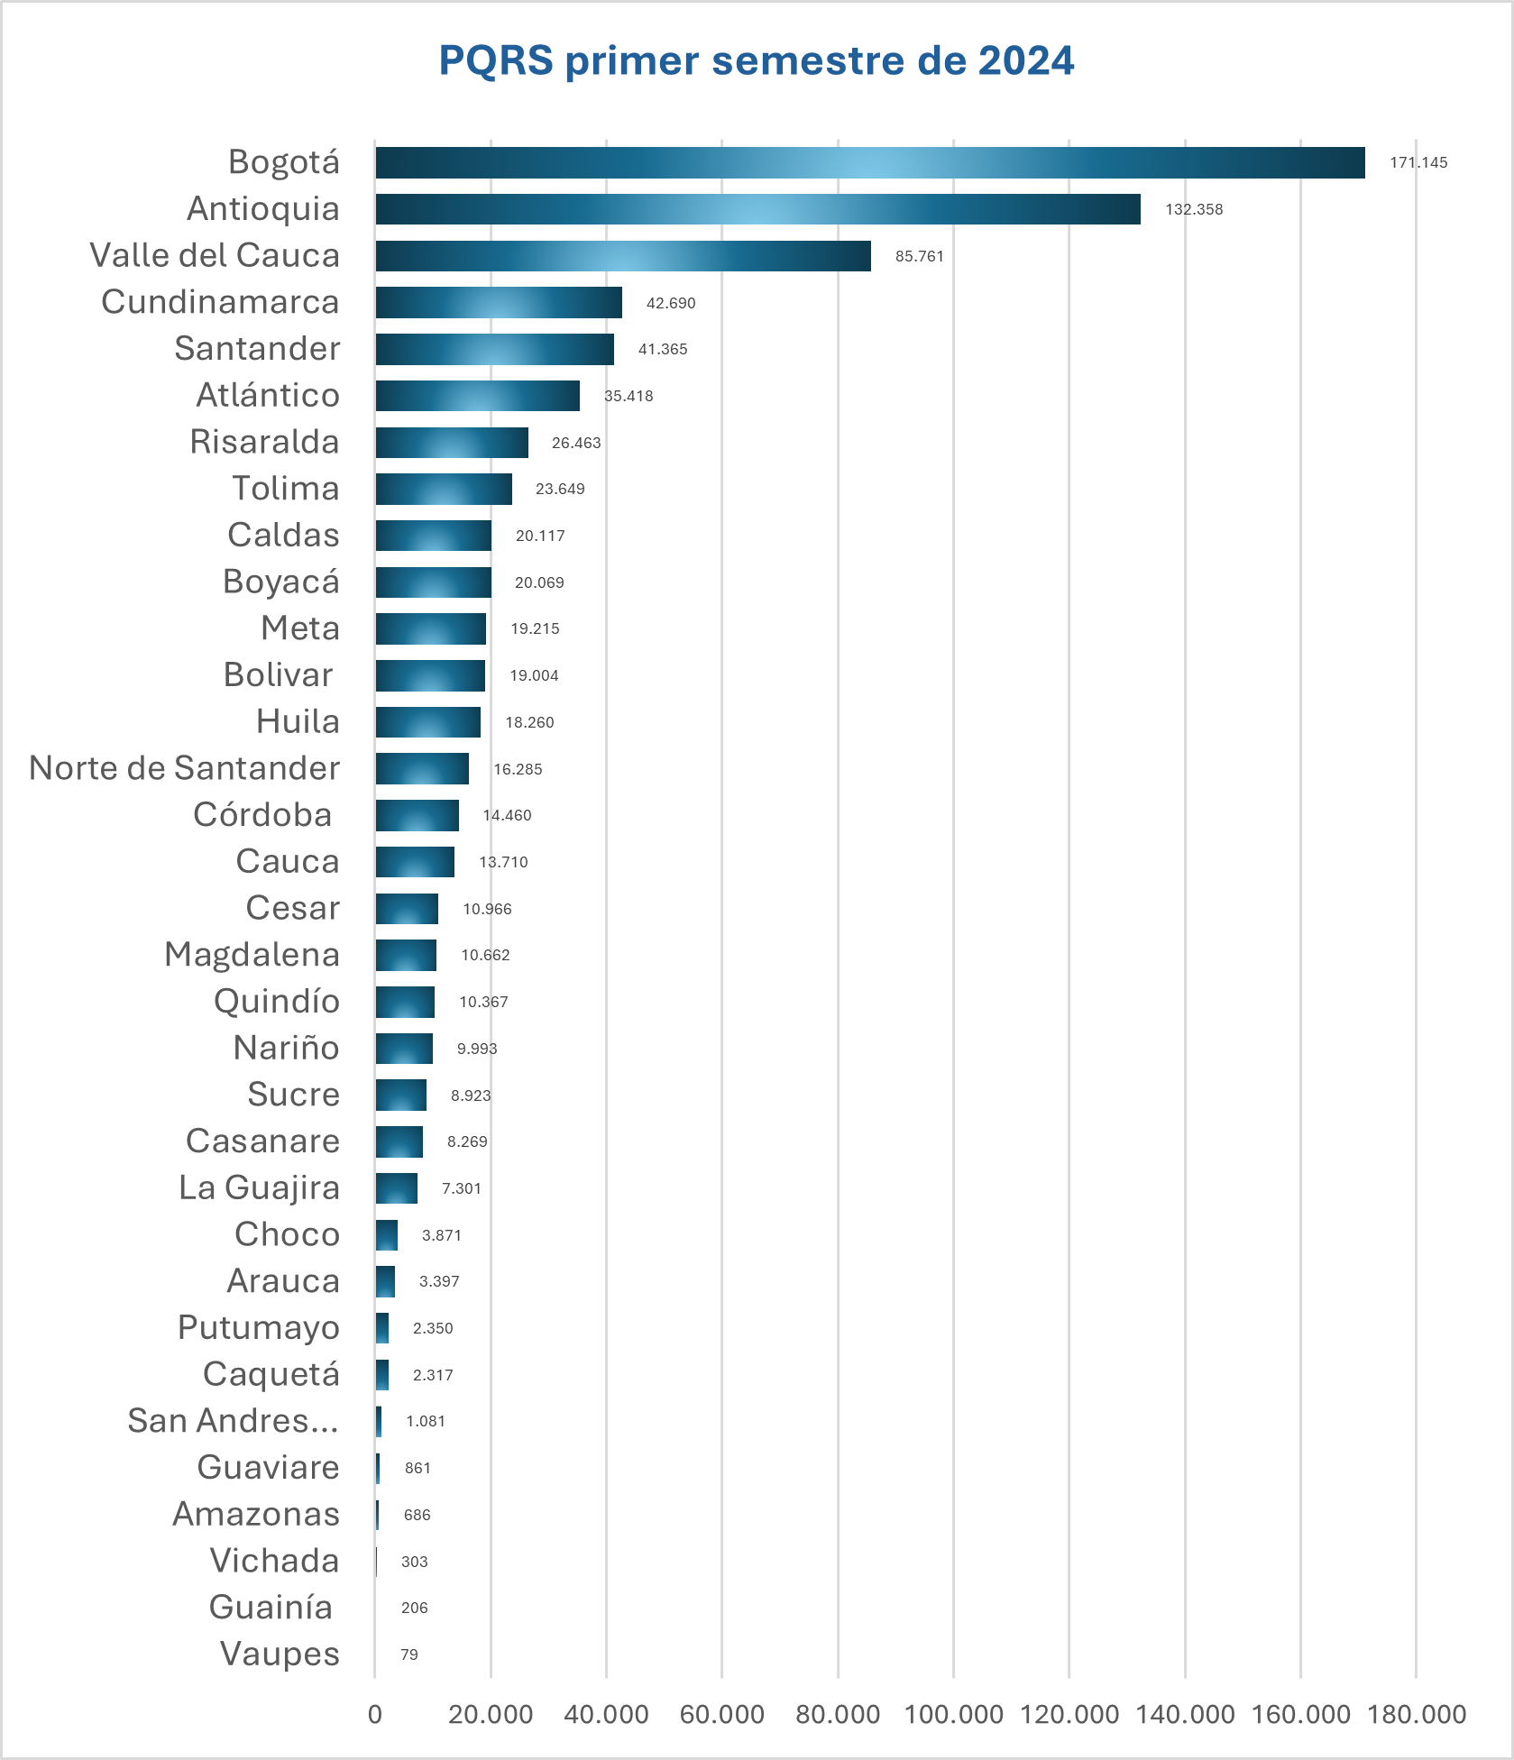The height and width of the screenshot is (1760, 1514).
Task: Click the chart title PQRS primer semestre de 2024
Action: click(756, 60)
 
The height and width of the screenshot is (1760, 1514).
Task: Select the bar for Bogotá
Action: click(869, 163)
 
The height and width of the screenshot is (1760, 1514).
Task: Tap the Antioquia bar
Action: click(757, 209)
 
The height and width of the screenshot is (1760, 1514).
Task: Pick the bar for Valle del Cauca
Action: click(623, 256)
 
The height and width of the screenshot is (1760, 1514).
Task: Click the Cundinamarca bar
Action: click(499, 303)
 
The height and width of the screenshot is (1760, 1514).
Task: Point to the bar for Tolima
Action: click(444, 489)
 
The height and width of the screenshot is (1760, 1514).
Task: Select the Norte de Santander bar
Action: click(422, 769)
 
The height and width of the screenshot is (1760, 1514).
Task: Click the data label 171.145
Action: click(1418, 163)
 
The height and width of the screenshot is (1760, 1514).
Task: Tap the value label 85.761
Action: click(919, 256)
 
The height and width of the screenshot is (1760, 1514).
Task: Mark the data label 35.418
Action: click(629, 396)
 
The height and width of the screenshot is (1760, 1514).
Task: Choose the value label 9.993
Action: click(476, 1049)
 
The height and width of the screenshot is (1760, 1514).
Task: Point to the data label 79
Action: click(409, 1655)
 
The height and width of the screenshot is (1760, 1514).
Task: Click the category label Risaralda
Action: click(264, 442)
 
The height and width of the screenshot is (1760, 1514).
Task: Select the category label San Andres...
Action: click(234, 1421)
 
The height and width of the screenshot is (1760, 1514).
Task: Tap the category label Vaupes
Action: click(280, 1655)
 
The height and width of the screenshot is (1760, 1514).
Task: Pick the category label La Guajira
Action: click(259, 1187)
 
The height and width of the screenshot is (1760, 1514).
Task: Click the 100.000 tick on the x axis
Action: click(953, 1714)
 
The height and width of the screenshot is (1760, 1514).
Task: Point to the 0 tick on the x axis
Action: click(375, 1714)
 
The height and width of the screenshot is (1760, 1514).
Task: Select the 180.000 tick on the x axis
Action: click(1417, 1714)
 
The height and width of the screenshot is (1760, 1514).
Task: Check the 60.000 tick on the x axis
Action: click(721, 1714)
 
